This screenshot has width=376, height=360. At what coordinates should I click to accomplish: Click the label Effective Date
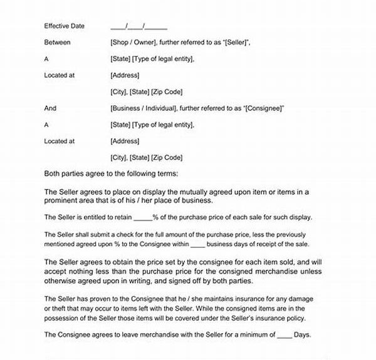(x=65, y=26)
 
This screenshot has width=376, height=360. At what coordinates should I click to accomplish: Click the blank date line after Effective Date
(x=138, y=26)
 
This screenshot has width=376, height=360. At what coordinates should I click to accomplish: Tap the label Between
(x=58, y=43)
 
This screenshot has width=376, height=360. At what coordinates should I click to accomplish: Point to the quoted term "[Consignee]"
(x=263, y=108)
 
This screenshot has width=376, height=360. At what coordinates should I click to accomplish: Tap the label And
(x=51, y=108)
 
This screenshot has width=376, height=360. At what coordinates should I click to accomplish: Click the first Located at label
(x=60, y=75)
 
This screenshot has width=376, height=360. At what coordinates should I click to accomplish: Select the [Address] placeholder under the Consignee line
(x=124, y=141)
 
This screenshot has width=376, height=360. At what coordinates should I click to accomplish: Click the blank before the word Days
(x=285, y=336)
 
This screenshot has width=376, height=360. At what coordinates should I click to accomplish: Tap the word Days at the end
(x=302, y=336)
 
